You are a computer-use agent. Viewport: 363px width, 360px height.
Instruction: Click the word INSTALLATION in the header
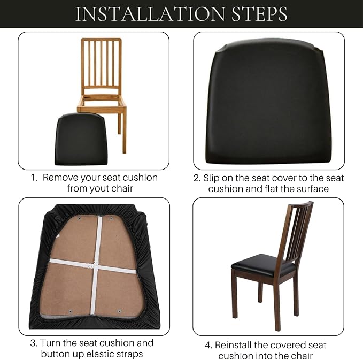pyautogui.click(x=150, y=14)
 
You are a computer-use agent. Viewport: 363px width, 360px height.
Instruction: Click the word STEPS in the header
pyautogui.click(x=259, y=14)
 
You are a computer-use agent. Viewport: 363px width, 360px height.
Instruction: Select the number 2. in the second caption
pyautogui.click(x=197, y=178)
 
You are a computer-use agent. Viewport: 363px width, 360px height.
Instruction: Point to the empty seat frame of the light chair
pyautogui.click(x=102, y=102)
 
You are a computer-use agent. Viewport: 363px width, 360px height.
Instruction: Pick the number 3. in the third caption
pyautogui.click(x=34, y=343)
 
